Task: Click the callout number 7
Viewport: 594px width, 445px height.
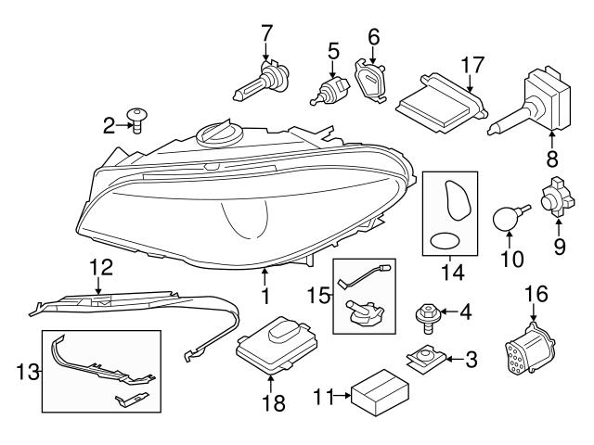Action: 266,33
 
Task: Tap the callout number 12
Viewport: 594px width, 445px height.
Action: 99,269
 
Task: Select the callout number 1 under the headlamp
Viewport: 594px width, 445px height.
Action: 265,298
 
